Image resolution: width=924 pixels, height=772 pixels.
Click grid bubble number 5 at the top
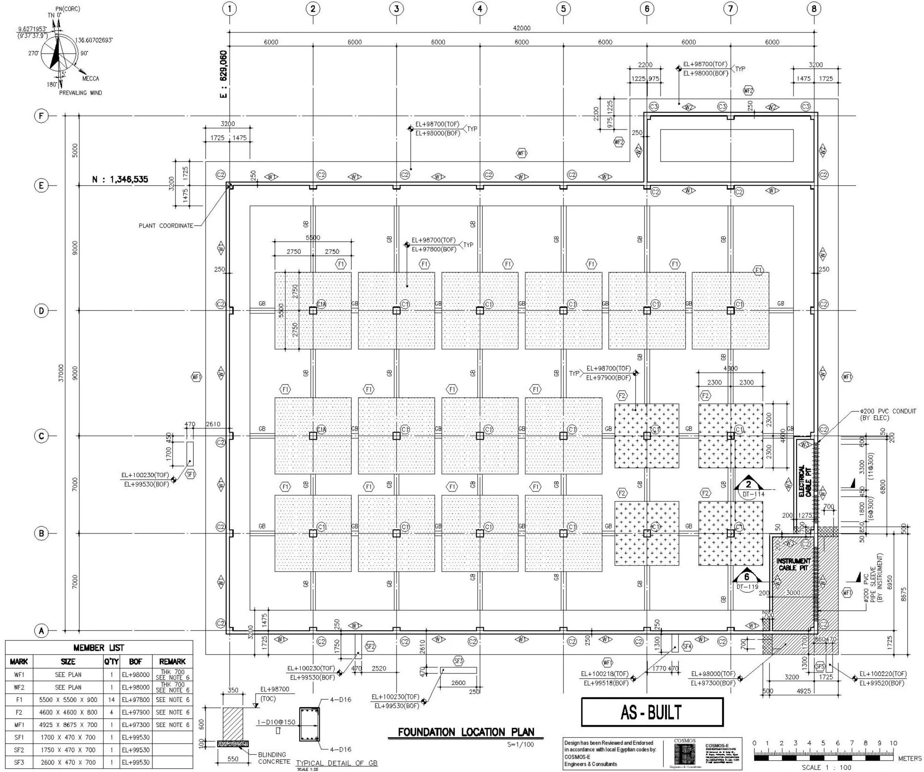(563, 8)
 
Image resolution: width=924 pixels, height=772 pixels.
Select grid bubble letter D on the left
(41, 311)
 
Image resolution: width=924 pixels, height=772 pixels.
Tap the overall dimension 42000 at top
(521, 28)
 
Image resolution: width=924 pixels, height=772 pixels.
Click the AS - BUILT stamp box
(652, 712)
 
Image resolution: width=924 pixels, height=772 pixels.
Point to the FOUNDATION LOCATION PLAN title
(466, 732)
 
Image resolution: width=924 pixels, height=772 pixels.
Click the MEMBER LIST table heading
(99, 648)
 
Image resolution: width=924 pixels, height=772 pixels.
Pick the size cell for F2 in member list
(68, 712)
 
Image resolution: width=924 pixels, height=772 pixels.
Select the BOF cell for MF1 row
(135, 725)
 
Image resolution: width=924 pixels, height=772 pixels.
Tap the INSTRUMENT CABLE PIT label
(794, 564)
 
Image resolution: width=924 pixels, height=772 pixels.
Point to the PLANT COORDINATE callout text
(166, 226)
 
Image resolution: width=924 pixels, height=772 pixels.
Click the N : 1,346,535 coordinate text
(120, 179)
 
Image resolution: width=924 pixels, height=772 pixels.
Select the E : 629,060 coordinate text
(223, 74)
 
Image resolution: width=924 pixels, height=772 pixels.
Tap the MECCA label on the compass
(91, 79)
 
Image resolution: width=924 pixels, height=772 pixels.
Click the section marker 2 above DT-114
(748, 484)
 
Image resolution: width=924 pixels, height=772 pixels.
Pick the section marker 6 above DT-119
(746, 577)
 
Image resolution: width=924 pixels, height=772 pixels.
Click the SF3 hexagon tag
(458, 661)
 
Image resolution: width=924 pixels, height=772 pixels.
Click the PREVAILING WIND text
(80, 93)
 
